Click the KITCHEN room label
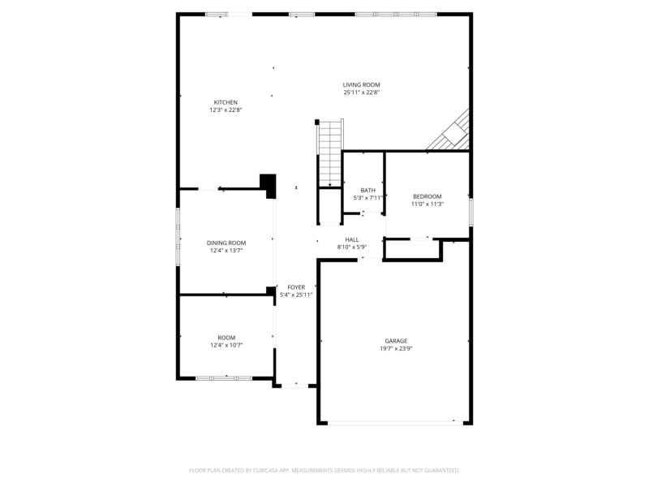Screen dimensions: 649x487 coord(226,102)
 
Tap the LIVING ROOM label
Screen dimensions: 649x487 coord(361,85)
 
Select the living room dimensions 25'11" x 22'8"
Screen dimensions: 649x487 coord(361,93)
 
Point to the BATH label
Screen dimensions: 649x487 coord(368,191)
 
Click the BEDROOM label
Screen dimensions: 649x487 coord(428,196)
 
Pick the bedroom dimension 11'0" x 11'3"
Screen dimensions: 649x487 coord(428,205)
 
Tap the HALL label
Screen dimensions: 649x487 coord(352,239)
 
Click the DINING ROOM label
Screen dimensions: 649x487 coord(226,243)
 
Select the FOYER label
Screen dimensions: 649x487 coord(296,287)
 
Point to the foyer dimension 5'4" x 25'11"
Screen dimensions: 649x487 coord(296,295)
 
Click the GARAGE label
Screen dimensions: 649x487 coord(396,341)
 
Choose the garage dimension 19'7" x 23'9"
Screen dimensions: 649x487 coord(396,349)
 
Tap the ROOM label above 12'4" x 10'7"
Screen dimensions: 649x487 coord(226,338)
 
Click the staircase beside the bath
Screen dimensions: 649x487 coord(330,153)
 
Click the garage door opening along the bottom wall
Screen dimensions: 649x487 coord(395,423)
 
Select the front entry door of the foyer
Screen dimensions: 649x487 coord(294,386)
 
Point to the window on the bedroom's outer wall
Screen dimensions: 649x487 coord(471,213)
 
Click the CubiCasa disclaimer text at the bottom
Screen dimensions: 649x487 coord(324,471)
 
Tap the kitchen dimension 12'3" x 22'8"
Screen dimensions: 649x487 coord(226,110)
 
